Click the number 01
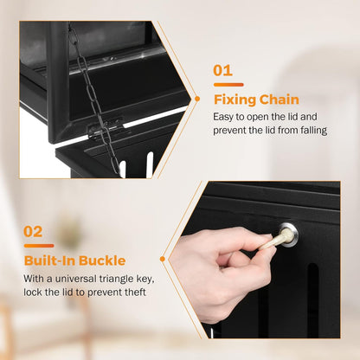223,72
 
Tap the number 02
34,232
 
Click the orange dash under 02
38,246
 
